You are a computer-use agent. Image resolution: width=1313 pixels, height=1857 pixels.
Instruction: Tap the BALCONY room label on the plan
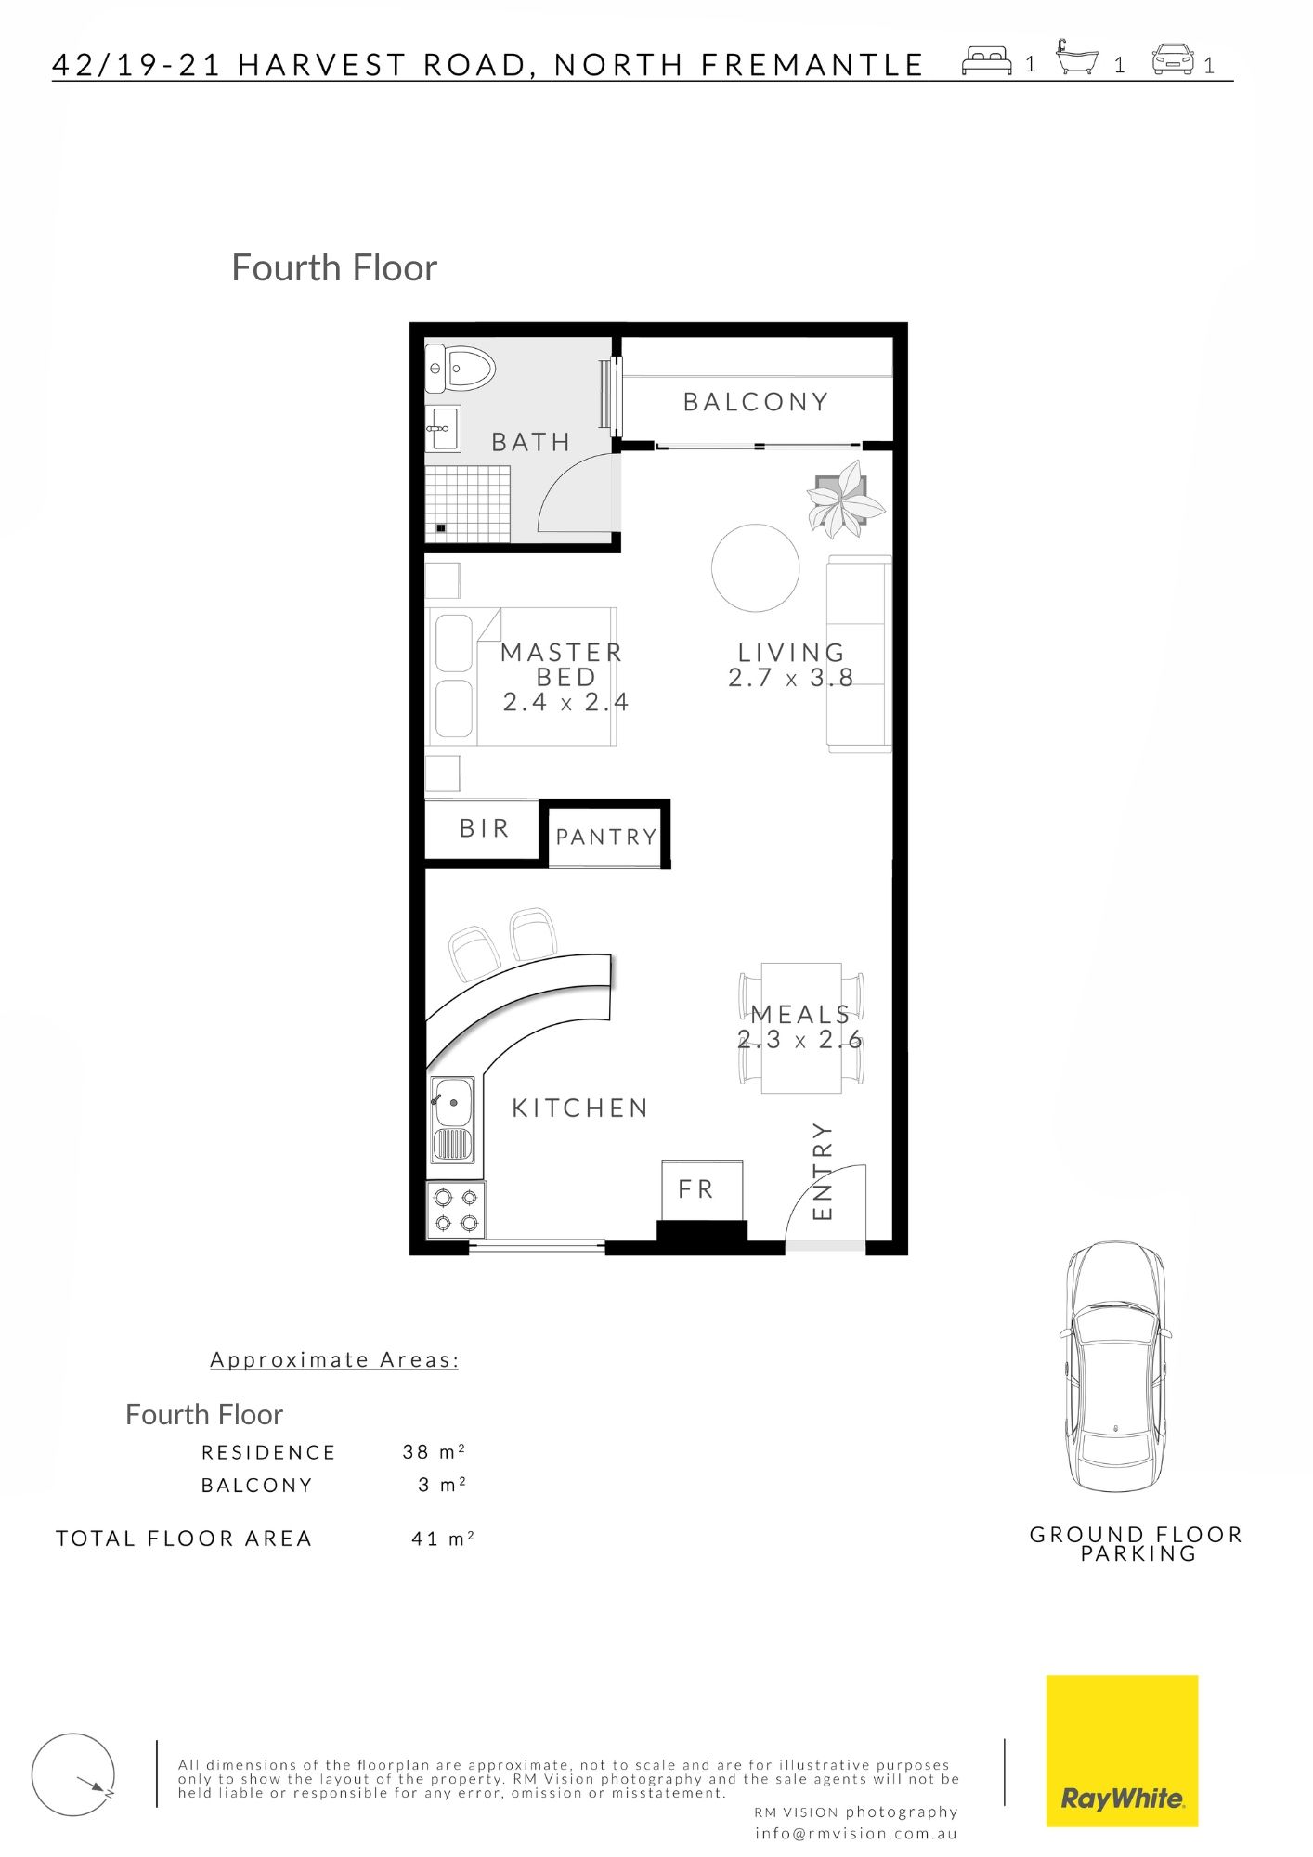point(756,402)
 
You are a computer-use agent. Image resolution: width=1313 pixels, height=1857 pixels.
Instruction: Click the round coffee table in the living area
point(756,567)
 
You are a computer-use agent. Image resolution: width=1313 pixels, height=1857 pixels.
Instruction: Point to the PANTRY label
point(606,837)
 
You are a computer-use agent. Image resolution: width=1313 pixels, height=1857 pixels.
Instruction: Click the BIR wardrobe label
point(484,827)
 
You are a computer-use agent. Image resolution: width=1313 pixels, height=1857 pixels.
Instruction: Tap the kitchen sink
point(452,1120)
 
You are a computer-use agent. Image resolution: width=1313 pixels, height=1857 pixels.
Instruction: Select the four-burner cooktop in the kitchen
point(456,1210)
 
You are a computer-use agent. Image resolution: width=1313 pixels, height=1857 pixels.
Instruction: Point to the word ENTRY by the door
point(823,1171)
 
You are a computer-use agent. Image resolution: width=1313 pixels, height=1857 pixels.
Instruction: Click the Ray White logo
point(1122,1751)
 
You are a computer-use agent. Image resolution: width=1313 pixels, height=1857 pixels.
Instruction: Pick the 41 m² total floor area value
point(443,1539)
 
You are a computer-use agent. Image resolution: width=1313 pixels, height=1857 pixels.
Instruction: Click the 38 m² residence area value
point(434,1451)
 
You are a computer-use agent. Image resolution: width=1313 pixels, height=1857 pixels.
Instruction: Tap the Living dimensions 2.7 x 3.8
point(791,678)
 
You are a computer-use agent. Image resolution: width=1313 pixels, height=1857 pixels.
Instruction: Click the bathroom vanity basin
point(443,429)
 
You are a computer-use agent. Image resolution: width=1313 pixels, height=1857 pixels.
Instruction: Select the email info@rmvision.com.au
point(856,1833)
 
